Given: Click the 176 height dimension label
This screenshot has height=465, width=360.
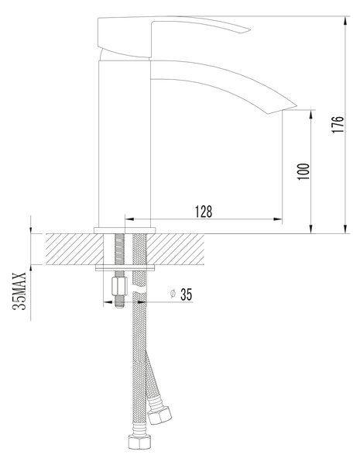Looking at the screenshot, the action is tap(338, 124).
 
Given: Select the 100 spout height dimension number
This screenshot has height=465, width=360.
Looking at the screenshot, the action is tap(303, 171).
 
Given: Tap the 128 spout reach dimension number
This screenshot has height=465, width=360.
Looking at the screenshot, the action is tap(204, 212).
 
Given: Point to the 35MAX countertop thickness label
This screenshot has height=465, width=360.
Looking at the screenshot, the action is tap(19, 291).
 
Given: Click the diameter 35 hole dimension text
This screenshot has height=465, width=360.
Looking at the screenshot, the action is tap(181, 294).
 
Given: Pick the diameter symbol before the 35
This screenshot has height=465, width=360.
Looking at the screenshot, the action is tap(173, 294).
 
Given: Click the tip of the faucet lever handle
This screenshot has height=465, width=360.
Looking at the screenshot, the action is tap(250, 29).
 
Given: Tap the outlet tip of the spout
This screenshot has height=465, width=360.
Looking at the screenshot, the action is tap(296, 105).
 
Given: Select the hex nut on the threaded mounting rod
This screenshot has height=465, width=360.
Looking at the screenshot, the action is tap(119, 286).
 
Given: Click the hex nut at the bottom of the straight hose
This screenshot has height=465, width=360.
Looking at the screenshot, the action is tap(139, 442).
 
